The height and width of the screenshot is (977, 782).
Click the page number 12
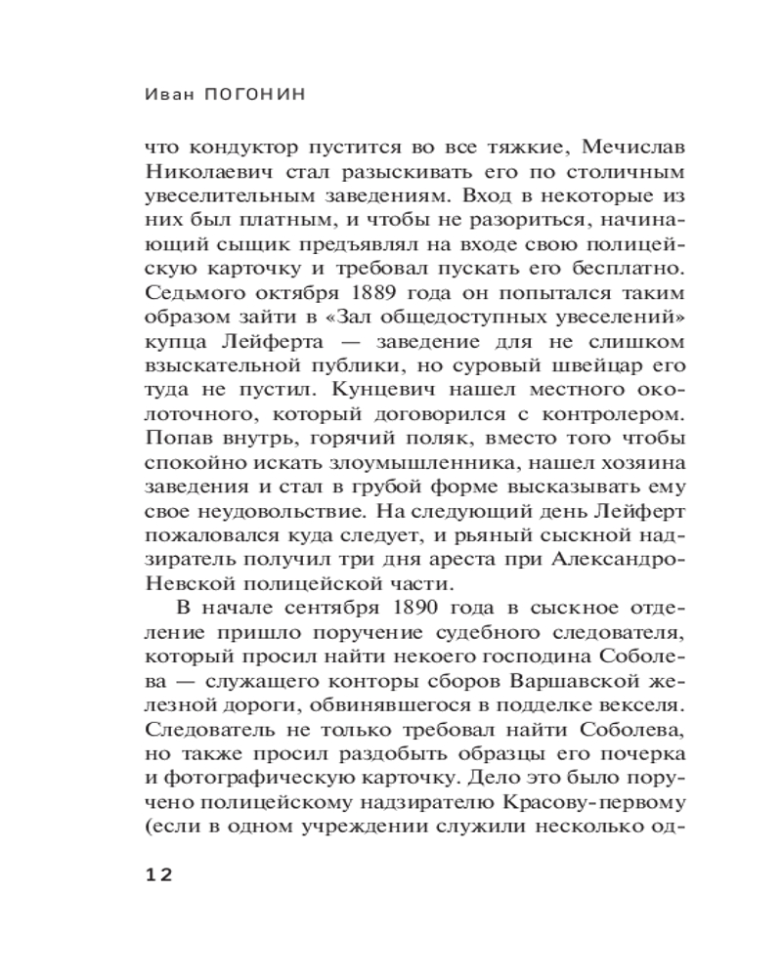(158, 875)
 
